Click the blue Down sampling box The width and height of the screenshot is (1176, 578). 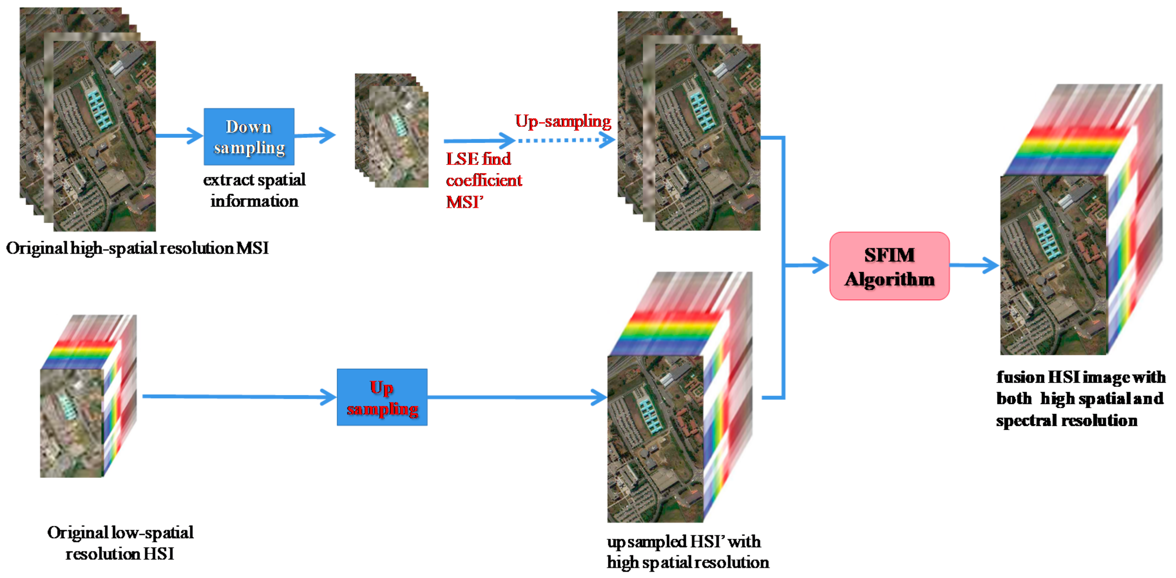click(249, 137)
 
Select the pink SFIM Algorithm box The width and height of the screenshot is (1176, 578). click(889, 266)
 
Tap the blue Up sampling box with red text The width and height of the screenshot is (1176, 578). click(382, 397)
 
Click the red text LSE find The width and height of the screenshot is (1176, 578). click(478, 159)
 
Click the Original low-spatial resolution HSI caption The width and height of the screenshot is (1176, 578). click(120, 543)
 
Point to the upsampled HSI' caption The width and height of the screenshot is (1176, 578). click(687, 552)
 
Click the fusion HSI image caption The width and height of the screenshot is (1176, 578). click(1080, 399)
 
